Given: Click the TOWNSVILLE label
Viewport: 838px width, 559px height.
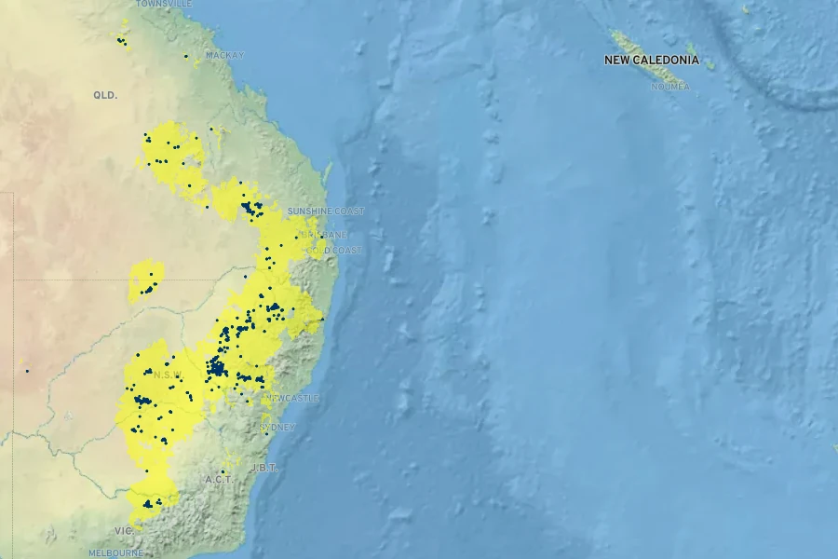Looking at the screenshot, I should coord(164,4).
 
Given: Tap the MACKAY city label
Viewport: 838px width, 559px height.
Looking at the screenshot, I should coord(224,55).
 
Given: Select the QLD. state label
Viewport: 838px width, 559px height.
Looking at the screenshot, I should coord(105,95).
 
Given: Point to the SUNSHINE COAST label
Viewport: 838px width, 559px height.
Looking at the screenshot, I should coord(326,211).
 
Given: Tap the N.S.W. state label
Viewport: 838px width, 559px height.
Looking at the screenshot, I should coord(169,375).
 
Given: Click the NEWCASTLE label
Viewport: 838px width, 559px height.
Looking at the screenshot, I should coord(292,398).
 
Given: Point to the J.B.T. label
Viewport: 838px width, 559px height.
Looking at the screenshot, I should coord(264,468).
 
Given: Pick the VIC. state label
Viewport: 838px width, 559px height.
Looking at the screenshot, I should coord(124,530).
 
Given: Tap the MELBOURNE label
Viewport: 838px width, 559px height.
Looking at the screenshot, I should coord(115,552).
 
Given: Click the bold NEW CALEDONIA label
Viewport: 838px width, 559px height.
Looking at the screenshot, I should coord(651,60).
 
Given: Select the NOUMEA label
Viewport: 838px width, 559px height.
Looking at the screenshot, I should coord(670,87).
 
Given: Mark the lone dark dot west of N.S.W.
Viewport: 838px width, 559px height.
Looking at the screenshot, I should coord(27,371).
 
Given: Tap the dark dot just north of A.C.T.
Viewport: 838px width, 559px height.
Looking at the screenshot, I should coord(226,457).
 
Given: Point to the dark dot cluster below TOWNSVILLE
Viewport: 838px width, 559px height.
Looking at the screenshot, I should coord(121,40).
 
